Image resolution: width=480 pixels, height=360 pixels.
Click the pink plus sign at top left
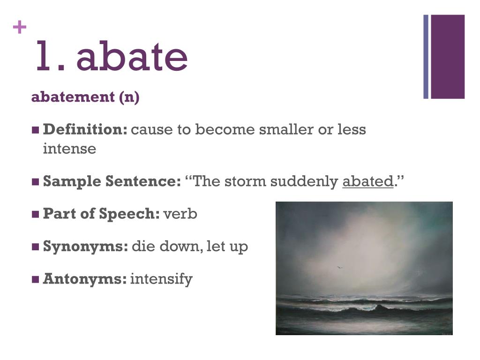pos(20,27)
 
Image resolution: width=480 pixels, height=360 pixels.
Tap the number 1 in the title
pos(43,56)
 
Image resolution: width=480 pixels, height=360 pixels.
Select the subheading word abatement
pos(73,97)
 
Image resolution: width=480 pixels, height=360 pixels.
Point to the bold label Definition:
pos(85,129)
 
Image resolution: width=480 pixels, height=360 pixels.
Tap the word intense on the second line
pos(69,149)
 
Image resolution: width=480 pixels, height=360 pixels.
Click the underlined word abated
pos(368,181)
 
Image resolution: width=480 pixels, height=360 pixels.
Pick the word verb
pos(180,214)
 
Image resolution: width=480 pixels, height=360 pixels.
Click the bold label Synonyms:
pos(85,247)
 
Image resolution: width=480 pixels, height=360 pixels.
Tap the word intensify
pos(161,279)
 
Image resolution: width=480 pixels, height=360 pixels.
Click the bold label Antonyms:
pos(85,279)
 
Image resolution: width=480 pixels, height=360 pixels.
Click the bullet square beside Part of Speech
pos(35,214)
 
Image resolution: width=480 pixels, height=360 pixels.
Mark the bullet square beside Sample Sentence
pos(35,181)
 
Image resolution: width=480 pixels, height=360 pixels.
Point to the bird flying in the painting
pos(339,268)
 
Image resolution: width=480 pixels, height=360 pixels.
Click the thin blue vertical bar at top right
pos(426,57)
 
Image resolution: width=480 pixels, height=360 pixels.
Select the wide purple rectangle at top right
pos(448,57)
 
